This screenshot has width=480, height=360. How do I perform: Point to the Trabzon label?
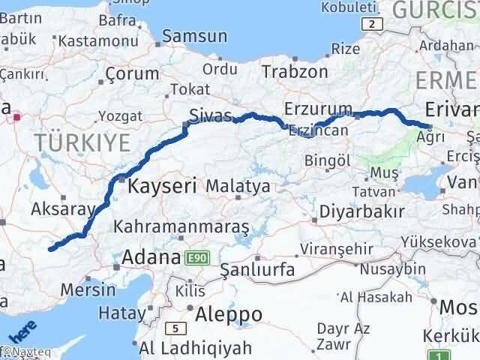tap(295, 71)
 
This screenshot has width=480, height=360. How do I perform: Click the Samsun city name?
tap(195, 35)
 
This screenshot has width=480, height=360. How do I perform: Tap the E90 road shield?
tap(196, 257)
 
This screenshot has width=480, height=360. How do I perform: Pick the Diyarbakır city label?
tap(362, 212)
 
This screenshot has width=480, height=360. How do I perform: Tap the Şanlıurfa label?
tap(258, 268)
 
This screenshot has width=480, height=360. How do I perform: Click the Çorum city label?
tap(132, 73)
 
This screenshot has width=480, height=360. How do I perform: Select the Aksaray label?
tap(63, 209)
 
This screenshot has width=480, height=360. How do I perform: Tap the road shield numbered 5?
tap(175, 328)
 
